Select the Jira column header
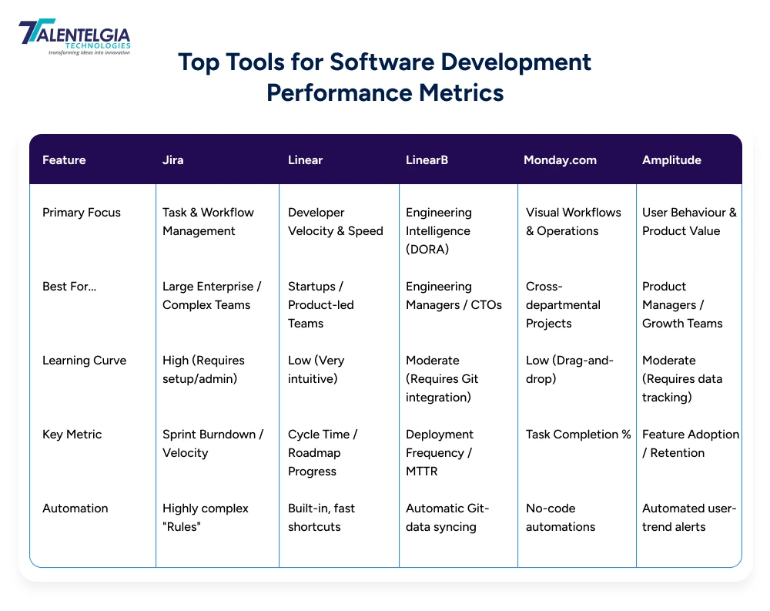[x=174, y=160]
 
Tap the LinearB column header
[x=427, y=160]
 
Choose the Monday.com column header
[x=560, y=160]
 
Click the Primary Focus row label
[x=82, y=213]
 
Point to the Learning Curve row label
[x=83, y=361]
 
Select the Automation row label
[x=75, y=509]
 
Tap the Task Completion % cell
[x=577, y=435]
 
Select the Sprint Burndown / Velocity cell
[x=213, y=444]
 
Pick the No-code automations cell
[x=561, y=518]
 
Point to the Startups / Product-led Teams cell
[x=321, y=305]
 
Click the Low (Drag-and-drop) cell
[x=570, y=370]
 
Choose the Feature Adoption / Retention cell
[x=690, y=444]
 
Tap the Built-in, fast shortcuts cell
[x=321, y=518]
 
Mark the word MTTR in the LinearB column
[x=422, y=472]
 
